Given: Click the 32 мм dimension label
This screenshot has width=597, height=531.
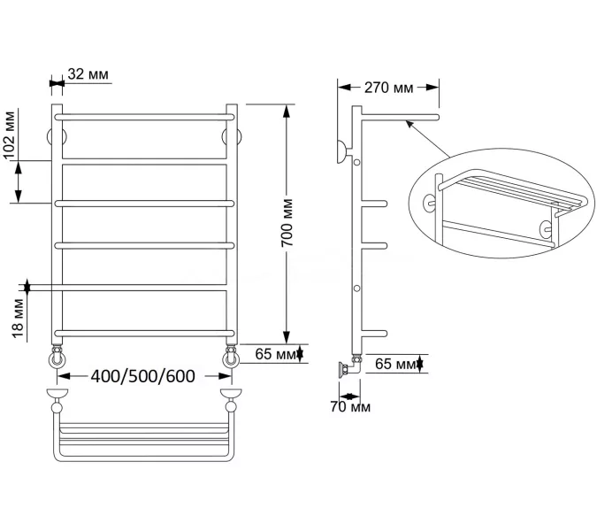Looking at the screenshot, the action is pos(88,74).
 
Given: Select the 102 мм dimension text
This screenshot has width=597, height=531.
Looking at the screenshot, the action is pos(9,135).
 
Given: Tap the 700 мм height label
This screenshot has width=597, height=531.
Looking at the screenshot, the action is pos(287,223).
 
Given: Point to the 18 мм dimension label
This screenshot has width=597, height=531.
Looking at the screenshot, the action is pos(18,319).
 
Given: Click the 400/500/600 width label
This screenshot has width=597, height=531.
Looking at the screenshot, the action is pos(142,376).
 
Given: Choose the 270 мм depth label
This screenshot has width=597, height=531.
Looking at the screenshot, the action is pos(389,88).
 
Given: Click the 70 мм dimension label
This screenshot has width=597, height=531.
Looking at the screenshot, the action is pos(350,407).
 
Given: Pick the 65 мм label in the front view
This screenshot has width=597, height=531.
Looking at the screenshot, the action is pos(275,354).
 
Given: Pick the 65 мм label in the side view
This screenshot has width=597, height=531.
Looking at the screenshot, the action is pos(395,364).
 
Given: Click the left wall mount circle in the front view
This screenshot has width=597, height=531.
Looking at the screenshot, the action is pos(50,137).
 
